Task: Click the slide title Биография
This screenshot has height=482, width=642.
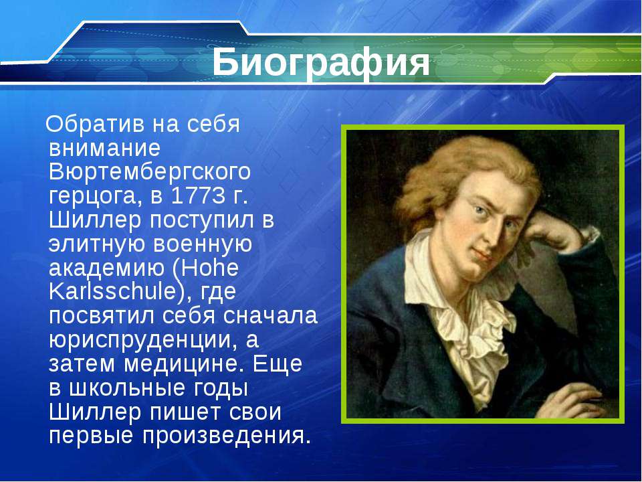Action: (321, 62)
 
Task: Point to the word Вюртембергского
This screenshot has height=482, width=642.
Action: (149, 172)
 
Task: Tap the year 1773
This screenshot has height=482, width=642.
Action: (198, 196)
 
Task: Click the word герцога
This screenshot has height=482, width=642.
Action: (96, 197)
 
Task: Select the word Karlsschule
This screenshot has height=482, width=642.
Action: (112, 291)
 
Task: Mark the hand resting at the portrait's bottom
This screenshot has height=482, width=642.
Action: (575, 399)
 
